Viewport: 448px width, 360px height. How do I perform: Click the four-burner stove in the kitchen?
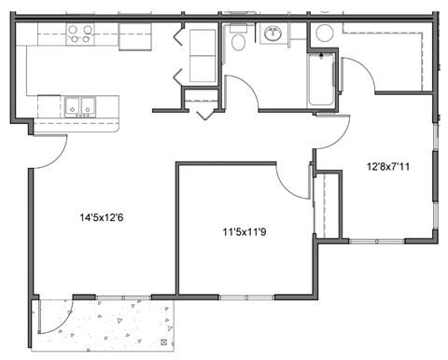point(78,35)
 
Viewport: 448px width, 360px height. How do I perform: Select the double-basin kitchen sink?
point(78,105)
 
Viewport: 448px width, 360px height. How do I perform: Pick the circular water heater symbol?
point(324,34)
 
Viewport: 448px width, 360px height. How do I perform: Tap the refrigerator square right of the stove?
point(134,37)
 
